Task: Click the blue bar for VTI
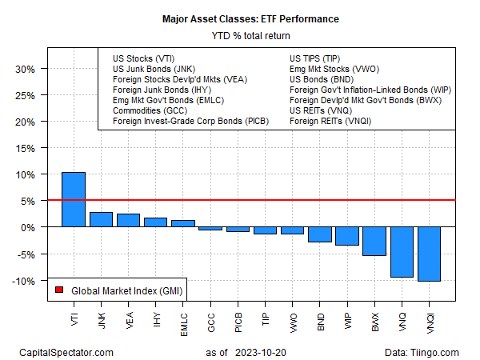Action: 74,200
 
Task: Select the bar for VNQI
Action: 428,254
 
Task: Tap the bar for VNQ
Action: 401,252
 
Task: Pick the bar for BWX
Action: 374,242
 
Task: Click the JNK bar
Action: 101,220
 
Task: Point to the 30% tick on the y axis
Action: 25,69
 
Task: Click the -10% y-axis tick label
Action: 23,281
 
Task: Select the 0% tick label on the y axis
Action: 27,228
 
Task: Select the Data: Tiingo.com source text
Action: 422,352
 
